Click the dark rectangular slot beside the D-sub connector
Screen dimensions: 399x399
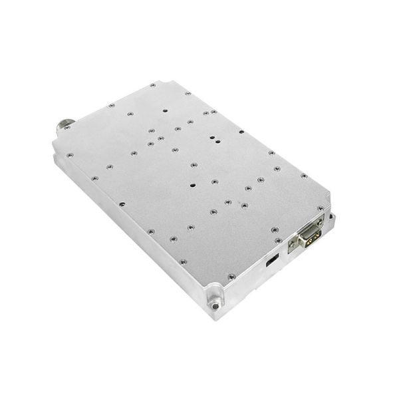tap(271, 260)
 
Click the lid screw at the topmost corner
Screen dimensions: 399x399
tap(153, 85)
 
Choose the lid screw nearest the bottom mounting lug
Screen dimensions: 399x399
tap(231, 276)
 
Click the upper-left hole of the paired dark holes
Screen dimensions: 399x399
tap(211, 137)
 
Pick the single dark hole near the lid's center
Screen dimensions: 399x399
tap(192, 186)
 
